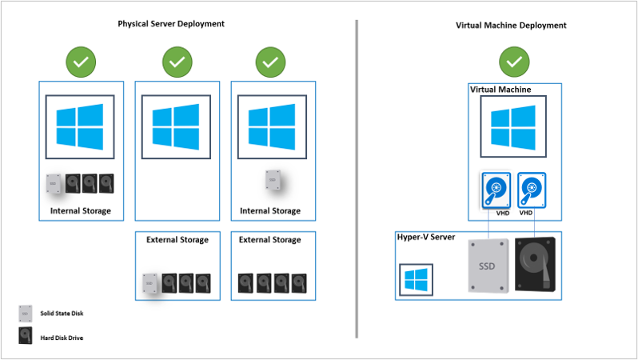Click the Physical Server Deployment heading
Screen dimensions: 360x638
[x=171, y=24]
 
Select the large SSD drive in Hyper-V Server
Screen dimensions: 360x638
[x=488, y=266]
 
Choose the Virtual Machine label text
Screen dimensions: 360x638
[x=500, y=90]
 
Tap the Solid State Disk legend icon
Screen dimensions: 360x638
[x=26, y=313]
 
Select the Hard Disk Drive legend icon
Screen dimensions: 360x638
[x=26, y=337]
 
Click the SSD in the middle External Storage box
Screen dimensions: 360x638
[x=150, y=284]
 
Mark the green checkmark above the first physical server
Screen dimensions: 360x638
[x=82, y=62]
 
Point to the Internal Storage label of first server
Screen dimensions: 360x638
[x=80, y=211]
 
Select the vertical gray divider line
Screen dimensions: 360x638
[x=356, y=176]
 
